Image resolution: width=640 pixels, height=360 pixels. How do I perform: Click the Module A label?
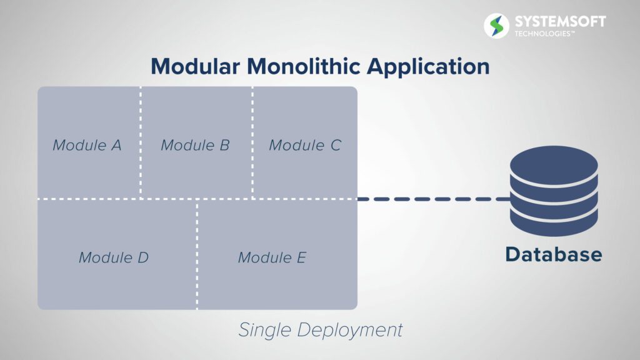[x=87, y=145]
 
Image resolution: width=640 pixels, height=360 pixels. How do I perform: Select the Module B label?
[x=195, y=145]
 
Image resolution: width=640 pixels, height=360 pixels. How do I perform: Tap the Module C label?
[x=305, y=145]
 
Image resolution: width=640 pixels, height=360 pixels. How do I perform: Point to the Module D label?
[x=114, y=257]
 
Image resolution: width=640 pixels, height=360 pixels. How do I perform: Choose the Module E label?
[x=272, y=257]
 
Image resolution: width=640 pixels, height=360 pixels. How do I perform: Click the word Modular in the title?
[x=195, y=66]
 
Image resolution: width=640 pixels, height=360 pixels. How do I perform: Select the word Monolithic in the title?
[x=304, y=66]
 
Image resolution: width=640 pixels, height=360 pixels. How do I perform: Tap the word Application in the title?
[x=428, y=67]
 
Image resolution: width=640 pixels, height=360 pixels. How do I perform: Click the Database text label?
[x=554, y=254]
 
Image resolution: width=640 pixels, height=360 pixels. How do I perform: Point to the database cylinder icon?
[x=554, y=191]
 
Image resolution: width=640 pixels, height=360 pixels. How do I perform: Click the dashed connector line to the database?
[x=434, y=199]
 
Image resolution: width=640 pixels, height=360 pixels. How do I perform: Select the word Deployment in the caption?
[x=350, y=330]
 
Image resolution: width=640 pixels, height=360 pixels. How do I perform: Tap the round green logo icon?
[x=496, y=26]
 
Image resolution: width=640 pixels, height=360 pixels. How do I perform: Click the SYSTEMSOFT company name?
[x=560, y=21]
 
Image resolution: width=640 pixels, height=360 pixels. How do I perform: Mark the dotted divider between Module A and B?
[x=141, y=142]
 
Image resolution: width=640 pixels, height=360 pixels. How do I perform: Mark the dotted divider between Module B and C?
[x=252, y=142]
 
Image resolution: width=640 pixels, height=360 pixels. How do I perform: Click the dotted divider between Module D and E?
[x=197, y=254]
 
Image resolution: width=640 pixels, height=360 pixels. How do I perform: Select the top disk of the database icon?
[x=554, y=165]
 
